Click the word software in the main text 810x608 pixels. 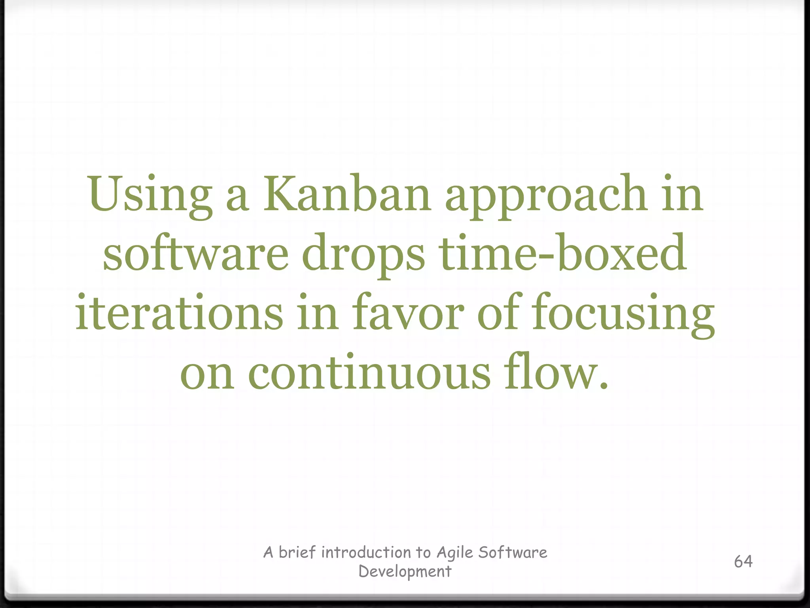click(195, 253)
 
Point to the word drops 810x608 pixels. click(363, 255)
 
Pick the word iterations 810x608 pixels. click(179, 313)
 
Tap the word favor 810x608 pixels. click(408, 313)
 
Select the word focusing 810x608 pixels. click(623, 315)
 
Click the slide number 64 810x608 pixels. click(743, 561)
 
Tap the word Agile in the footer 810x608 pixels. click(455, 552)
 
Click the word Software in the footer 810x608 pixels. click(513, 552)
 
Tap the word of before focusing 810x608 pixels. click(498, 313)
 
